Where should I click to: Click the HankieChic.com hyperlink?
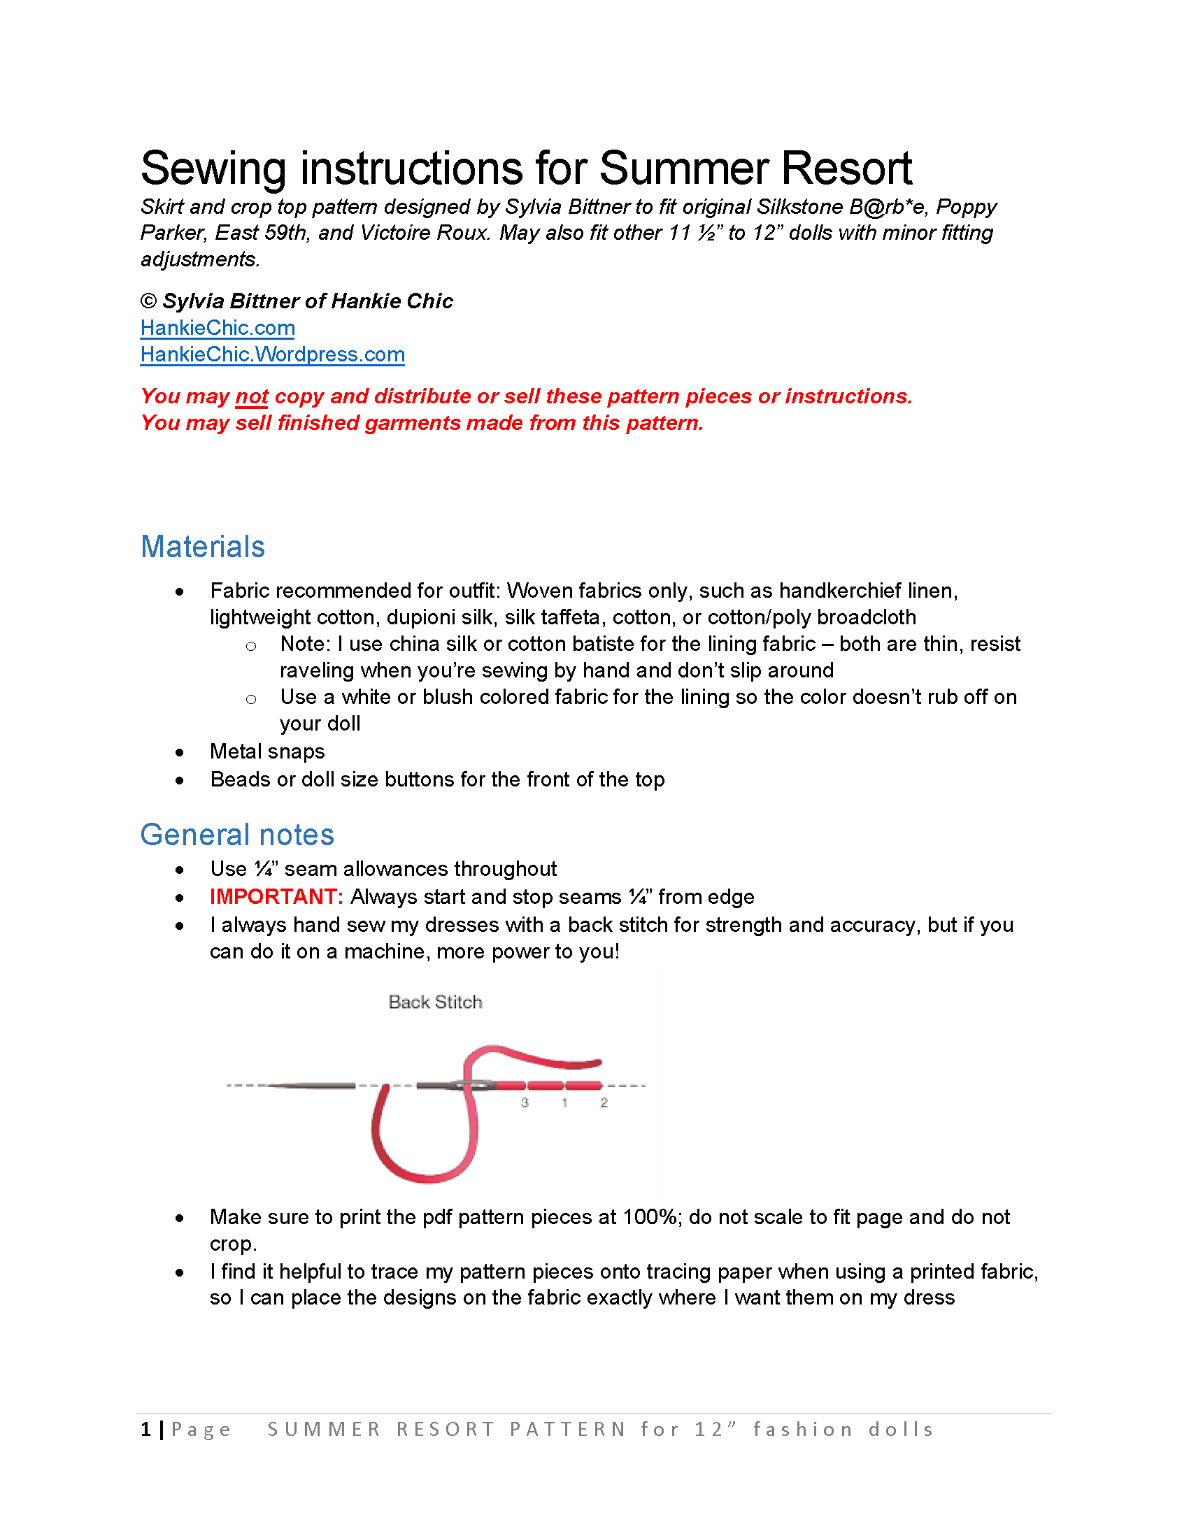click(217, 328)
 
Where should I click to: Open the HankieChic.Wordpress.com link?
click(272, 354)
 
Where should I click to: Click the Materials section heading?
click(203, 547)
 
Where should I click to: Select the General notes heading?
click(236, 835)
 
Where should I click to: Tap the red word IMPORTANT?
click(276, 896)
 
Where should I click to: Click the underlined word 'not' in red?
click(252, 396)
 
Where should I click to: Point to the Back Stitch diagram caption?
click(435, 1002)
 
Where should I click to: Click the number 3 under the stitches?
click(525, 1102)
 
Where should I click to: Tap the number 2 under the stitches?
click(604, 1102)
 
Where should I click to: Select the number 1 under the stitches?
click(564, 1102)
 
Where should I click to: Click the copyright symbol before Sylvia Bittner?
click(148, 301)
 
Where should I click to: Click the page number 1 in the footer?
click(145, 1429)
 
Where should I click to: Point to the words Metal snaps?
click(267, 752)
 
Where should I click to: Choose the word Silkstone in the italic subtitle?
click(799, 207)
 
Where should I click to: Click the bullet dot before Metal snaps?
click(180, 753)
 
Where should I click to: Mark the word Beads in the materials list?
click(237, 779)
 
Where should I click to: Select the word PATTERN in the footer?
click(568, 1430)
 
